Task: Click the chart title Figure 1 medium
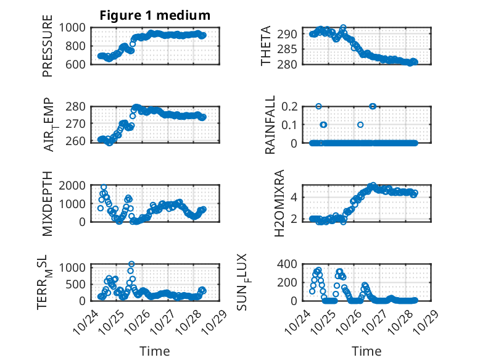(x=155, y=15)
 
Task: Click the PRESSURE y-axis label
(x=48, y=46)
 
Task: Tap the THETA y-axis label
(x=266, y=46)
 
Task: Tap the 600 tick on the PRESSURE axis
(x=78, y=64)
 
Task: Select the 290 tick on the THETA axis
(x=291, y=33)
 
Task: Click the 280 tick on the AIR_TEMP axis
(x=78, y=106)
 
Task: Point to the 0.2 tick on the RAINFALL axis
(x=294, y=106)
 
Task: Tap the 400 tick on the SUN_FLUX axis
(x=291, y=264)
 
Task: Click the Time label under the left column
(x=155, y=351)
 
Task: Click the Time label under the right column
(x=366, y=351)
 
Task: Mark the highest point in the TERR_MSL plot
(x=131, y=264)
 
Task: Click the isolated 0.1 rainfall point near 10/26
(x=360, y=124)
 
